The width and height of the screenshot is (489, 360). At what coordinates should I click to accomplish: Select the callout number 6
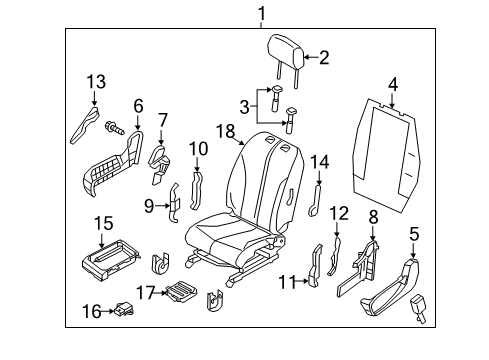[x=139, y=103]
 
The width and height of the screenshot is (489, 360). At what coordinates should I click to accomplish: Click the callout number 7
[x=163, y=120]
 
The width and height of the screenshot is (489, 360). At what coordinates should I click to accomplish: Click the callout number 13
[x=94, y=81]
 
